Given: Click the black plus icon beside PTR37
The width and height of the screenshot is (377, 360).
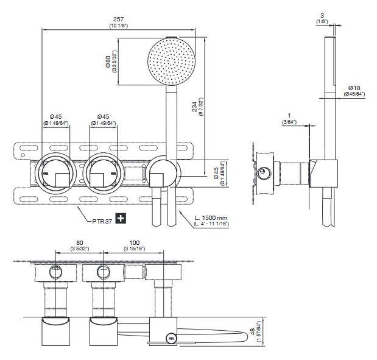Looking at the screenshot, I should point(121,218).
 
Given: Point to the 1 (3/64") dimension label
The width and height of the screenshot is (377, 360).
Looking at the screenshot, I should point(289,116).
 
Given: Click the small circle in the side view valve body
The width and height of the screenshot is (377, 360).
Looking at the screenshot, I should point(264,172).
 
